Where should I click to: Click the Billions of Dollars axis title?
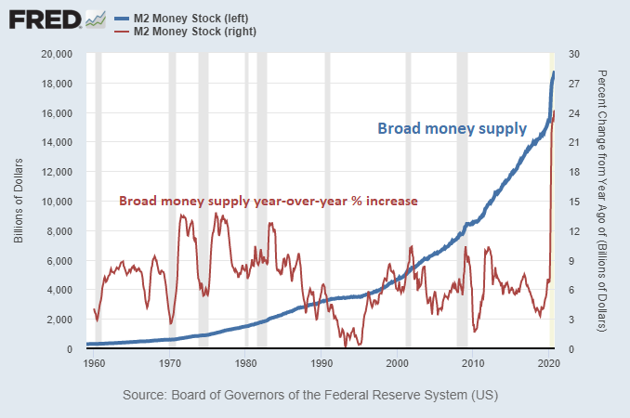19,202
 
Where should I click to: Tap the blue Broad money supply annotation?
452,129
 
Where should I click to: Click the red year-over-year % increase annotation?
268,201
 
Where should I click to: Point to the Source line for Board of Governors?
310,395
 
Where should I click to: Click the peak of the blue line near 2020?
554,72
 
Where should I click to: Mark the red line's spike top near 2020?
554,111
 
